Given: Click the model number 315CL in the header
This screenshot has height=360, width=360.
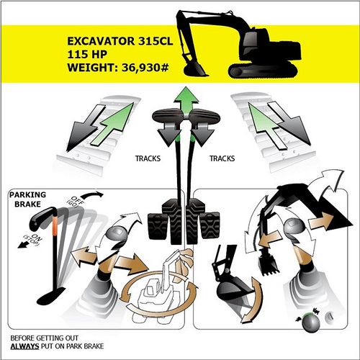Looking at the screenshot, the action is pyautogui.click(x=156, y=41).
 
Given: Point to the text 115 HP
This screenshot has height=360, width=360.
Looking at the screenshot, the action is pyautogui.click(x=87, y=54).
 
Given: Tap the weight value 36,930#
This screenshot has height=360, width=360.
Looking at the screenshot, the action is pyautogui.click(x=145, y=68).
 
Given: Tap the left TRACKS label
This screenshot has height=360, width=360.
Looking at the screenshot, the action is pyautogui.click(x=148, y=158).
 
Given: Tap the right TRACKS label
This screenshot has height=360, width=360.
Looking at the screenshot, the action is pyautogui.click(x=222, y=158).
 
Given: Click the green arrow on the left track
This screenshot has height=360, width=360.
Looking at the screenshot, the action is pyautogui.click(x=112, y=124).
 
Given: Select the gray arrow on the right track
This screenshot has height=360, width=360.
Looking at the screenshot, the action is pyautogui.click(x=289, y=123).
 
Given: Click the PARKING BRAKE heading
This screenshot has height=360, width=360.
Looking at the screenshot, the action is pyautogui.click(x=27, y=199).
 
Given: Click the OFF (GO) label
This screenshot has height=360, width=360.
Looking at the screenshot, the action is pyautogui.click(x=75, y=202).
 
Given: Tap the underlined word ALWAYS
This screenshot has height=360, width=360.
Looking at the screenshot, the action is pyautogui.click(x=24, y=346).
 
